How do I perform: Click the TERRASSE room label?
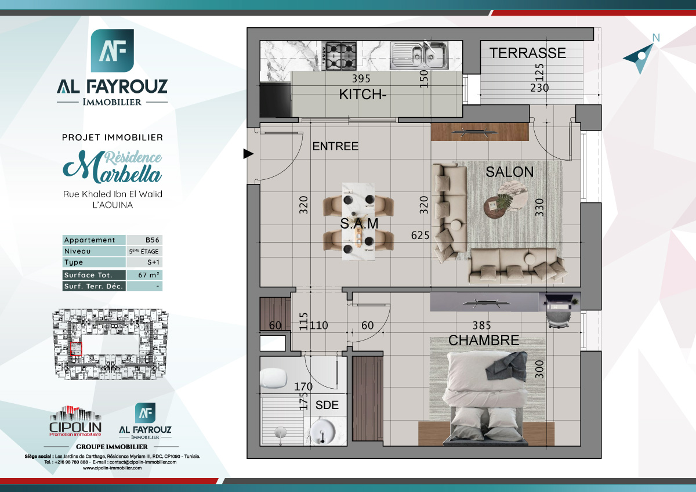pyautogui.click(x=527, y=53)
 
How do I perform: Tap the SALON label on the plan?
pyautogui.click(x=509, y=172)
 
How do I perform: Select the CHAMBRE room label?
pyautogui.click(x=483, y=341)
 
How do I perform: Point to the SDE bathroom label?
pyautogui.click(x=327, y=405)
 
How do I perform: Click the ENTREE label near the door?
pyautogui.click(x=335, y=147)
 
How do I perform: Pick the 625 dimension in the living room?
pyautogui.click(x=419, y=236)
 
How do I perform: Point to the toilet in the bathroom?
pyautogui.click(x=274, y=379)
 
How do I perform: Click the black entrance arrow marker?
pyautogui.click(x=248, y=154)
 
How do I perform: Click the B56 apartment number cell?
pyautogui.click(x=144, y=240)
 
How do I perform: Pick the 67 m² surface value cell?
pyautogui.click(x=144, y=275)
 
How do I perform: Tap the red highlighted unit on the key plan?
pyautogui.click(x=76, y=349)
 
